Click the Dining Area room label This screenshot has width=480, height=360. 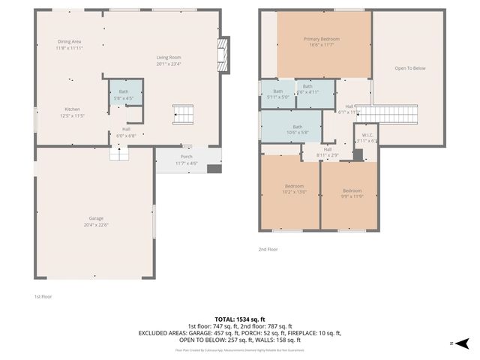[70, 44]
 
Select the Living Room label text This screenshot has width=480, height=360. [169, 61]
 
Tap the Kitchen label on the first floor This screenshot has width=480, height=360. [72, 112]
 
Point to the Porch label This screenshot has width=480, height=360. [186, 160]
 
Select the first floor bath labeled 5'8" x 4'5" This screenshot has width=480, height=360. [123, 94]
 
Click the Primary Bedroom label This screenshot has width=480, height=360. [321, 42]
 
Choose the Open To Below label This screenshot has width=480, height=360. [409, 68]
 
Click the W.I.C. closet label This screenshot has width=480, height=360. [367, 138]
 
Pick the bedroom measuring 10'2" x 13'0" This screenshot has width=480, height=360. [294, 189]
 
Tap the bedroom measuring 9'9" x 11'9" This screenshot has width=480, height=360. [352, 193]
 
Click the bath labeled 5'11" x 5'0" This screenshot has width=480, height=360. [277, 94]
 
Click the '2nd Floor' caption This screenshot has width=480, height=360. [268, 249]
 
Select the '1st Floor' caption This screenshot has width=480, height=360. [43, 296]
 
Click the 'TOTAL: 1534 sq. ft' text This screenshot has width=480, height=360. [239, 319]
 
